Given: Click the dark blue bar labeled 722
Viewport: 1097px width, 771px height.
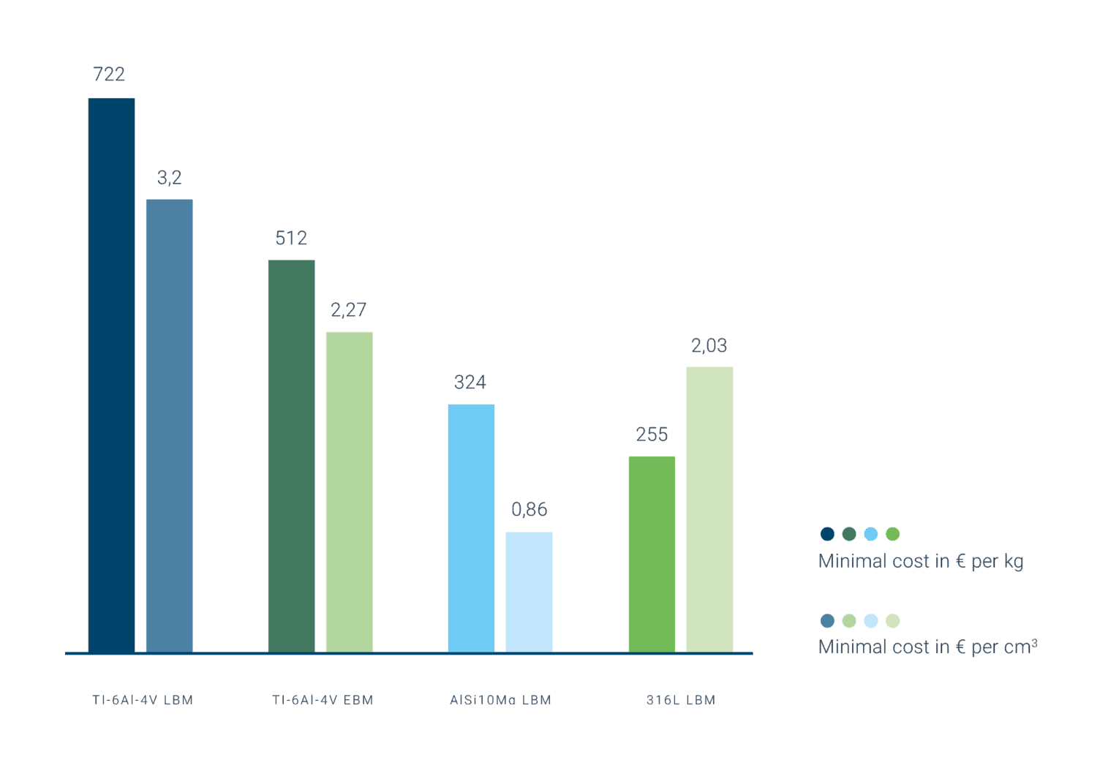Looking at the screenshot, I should (111, 375).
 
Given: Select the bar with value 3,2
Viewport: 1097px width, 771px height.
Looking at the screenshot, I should (170, 425).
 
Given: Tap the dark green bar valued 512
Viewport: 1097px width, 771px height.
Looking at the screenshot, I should (291, 456).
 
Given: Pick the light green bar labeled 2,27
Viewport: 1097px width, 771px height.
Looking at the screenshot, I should (349, 492).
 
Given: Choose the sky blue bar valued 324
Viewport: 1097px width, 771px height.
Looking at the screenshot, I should (471, 527).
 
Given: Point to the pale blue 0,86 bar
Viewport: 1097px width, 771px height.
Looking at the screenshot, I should (529, 591).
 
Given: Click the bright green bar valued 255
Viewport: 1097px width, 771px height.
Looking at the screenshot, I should (651, 554).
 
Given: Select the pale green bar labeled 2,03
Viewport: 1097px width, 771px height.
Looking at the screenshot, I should (709, 509).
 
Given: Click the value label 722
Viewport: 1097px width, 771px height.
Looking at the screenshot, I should (109, 75).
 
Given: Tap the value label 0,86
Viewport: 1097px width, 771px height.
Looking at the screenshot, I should (529, 509).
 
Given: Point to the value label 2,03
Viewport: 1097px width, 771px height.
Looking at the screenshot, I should (709, 345).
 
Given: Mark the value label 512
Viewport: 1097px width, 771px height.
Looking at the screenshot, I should (291, 238).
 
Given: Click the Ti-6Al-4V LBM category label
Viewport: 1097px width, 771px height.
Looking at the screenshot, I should (143, 700).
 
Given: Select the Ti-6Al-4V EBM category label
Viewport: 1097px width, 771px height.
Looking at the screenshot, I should (323, 700).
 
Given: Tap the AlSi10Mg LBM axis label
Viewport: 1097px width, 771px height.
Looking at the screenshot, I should (500, 700).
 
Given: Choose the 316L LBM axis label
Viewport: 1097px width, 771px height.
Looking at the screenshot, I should (681, 700).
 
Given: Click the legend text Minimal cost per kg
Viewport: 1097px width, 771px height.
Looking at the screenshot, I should (920, 561).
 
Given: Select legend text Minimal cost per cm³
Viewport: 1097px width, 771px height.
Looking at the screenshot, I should (927, 647).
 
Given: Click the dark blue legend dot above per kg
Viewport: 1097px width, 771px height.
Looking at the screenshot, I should (827, 534).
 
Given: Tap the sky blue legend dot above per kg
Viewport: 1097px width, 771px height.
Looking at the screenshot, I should (870, 534).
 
